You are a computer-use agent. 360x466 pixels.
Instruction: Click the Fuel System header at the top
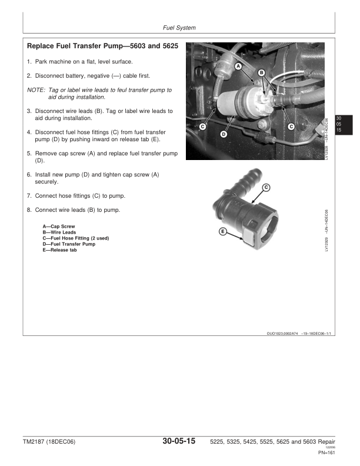pyautogui.click(x=179, y=28)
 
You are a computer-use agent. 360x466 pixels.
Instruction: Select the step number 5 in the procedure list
pyautogui.click(x=29, y=154)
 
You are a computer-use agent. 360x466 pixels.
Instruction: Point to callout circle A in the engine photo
pyautogui.click(x=239, y=66)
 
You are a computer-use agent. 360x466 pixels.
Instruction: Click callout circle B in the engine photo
pyautogui.click(x=261, y=72)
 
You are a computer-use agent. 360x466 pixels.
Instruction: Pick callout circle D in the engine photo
pyautogui.click(x=224, y=134)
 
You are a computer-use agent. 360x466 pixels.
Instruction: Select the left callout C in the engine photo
pyautogui.click(x=202, y=126)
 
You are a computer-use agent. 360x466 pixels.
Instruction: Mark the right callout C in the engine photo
pyautogui.click(x=291, y=126)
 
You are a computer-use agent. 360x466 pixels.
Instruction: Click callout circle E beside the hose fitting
pyautogui.click(x=223, y=231)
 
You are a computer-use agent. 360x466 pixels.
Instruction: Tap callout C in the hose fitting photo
pyautogui.click(x=266, y=187)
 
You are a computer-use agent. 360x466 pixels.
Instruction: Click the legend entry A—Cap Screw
pyautogui.click(x=59, y=227)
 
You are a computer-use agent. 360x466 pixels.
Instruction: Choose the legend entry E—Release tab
pyautogui.click(x=59, y=250)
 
